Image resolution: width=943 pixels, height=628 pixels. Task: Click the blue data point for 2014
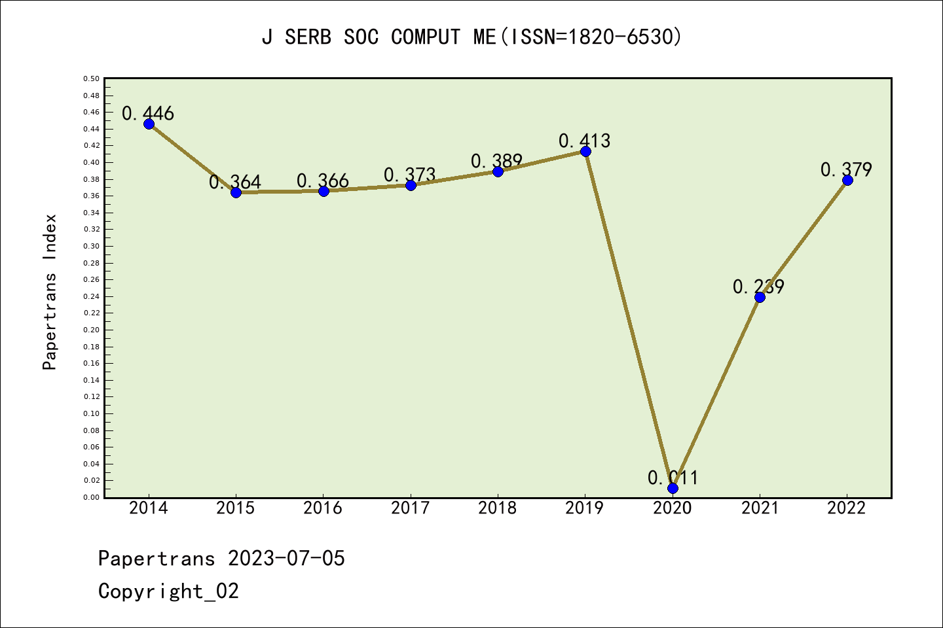point(149,124)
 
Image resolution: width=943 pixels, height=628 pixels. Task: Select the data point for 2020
point(673,488)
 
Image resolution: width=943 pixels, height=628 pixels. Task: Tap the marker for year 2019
point(585,151)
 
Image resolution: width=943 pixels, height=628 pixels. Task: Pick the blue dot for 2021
point(760,297)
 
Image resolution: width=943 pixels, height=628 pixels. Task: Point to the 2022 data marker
point(847,180)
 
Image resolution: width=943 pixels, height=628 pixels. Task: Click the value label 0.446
point(148,113)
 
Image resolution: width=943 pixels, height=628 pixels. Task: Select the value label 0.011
point(673,478)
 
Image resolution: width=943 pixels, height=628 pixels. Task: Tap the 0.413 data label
point(584,141)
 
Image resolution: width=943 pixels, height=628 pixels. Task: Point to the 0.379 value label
point(846,170)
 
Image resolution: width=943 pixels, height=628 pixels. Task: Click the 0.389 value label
point(496,161)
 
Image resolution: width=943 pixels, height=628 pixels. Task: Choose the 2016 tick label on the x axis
point(323,508)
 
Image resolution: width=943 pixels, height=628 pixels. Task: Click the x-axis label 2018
point(498,508)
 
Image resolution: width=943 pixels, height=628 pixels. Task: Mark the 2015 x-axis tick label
point(236,508)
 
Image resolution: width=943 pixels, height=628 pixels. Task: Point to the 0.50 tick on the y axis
point(92,78)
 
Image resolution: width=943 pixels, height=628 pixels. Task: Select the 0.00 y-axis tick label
point(92,497)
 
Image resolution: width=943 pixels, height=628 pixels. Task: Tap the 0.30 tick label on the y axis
point(92,246)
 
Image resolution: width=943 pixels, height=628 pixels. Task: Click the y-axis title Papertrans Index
point(50,292)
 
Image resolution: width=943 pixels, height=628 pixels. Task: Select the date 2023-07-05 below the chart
point(286,559)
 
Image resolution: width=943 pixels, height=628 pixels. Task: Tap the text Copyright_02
point(168,591)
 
